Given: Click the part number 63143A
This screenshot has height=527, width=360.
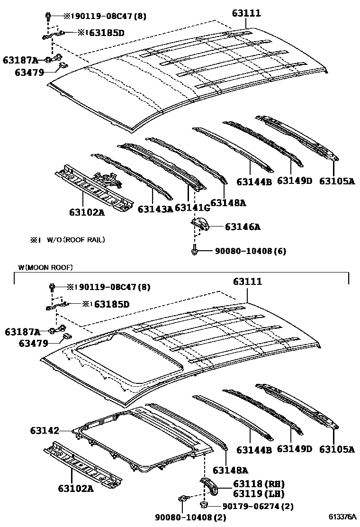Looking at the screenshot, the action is (x=155, y=209).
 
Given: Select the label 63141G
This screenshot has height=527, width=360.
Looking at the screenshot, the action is (x=192, y=208).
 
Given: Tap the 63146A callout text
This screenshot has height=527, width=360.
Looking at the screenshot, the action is (x=243, y=227).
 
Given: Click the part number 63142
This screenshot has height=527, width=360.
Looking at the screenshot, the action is (x=44, y=431).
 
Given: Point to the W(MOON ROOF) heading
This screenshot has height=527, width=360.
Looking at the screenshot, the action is (x=45, y=268).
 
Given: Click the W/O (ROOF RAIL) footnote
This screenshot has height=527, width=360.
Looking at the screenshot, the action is (x=69, y=240).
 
